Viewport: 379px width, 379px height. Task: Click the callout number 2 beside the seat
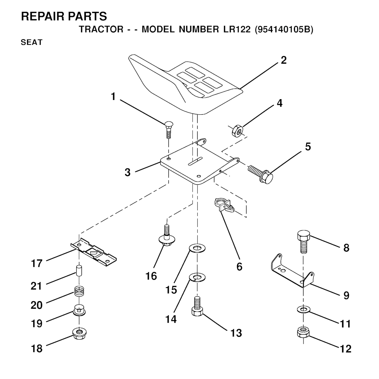[x=284, y=60]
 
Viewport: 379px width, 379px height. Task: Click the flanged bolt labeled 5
[x=261, y=174]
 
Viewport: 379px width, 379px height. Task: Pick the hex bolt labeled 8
[x=303, y=241]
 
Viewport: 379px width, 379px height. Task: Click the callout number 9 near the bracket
[x=346, y=295]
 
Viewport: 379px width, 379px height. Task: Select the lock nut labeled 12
[x=303, y=333]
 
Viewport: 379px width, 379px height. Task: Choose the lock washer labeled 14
[x=197, y=278]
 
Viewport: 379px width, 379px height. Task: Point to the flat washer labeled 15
[x=197, y=248]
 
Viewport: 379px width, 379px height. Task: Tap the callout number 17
[x=37, y=263]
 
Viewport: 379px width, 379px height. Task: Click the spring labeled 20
[x=79, y=291]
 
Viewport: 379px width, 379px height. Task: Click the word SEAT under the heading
[x=32, y=42]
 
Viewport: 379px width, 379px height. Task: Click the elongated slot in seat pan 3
[x=195, y=161]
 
